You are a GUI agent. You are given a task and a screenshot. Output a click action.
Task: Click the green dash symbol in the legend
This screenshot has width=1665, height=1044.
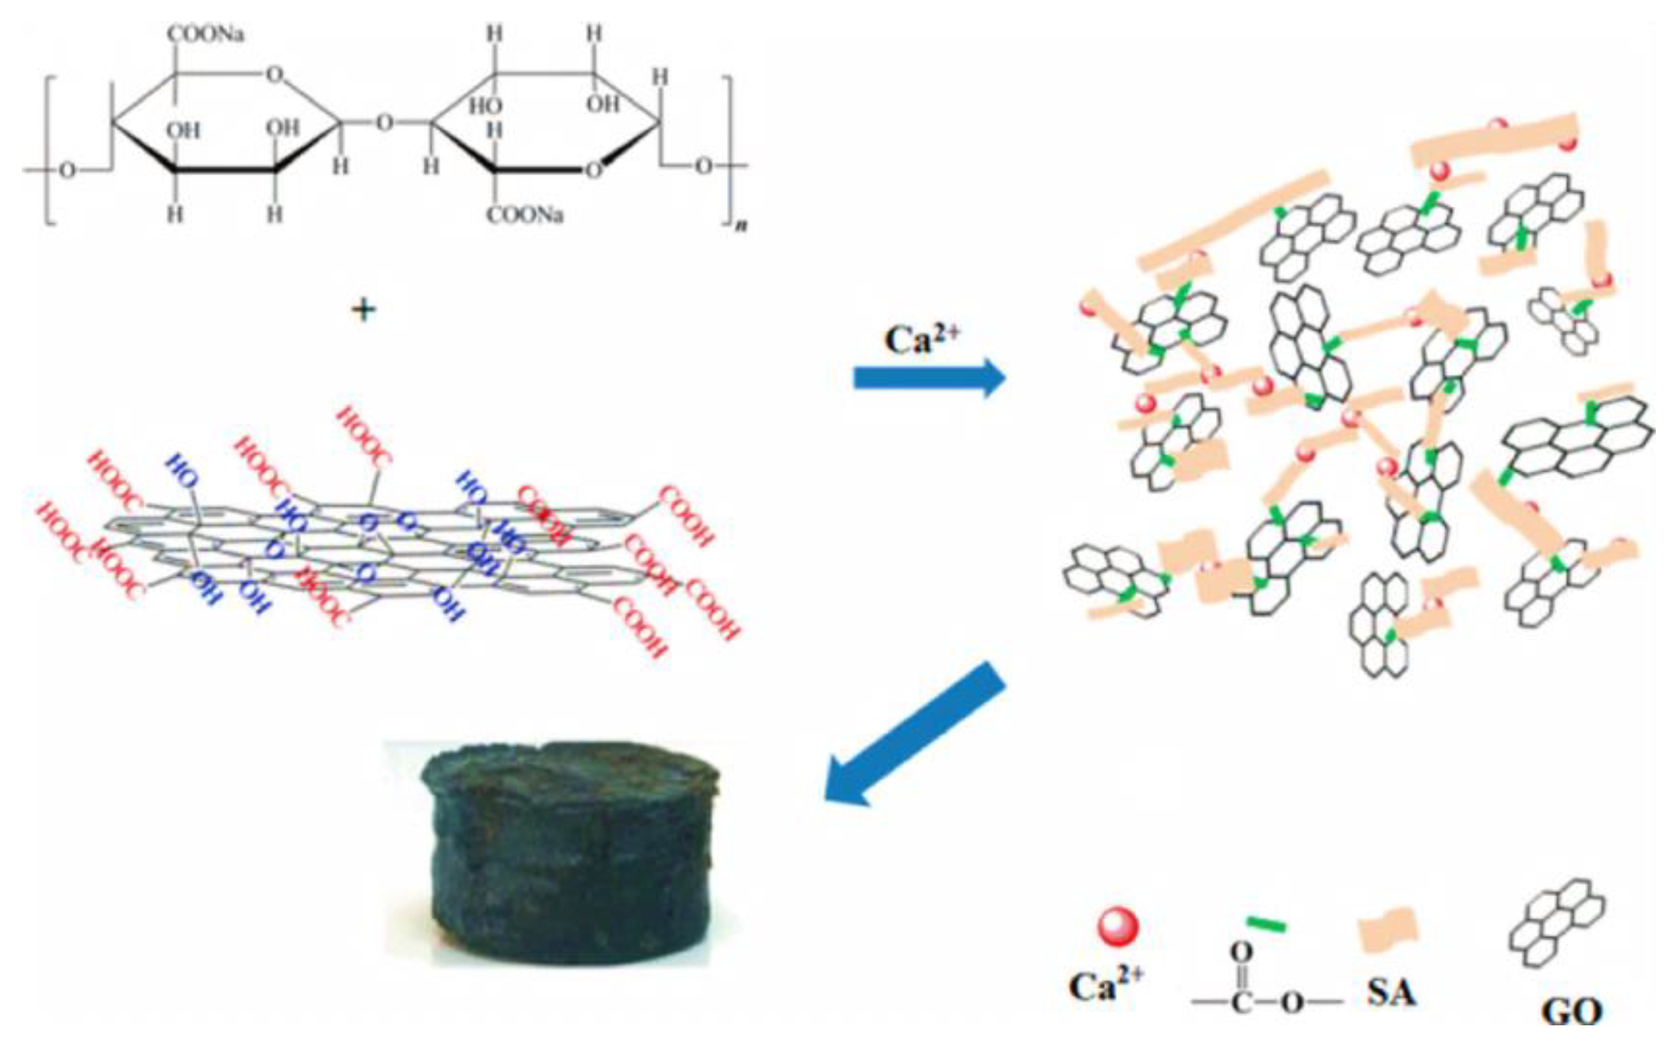(1266, 923)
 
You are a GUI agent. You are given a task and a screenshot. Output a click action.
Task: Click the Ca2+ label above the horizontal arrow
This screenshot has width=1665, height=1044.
(921, 338)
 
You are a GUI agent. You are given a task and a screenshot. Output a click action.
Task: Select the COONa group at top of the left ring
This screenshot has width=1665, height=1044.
(205, 34)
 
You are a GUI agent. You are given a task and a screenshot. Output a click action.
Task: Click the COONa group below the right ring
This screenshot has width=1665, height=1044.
(525, 215)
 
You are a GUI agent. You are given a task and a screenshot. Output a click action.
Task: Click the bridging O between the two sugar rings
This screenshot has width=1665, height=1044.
(384, 124)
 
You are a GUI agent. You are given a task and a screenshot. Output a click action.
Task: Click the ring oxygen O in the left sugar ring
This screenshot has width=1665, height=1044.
(275, 73)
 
